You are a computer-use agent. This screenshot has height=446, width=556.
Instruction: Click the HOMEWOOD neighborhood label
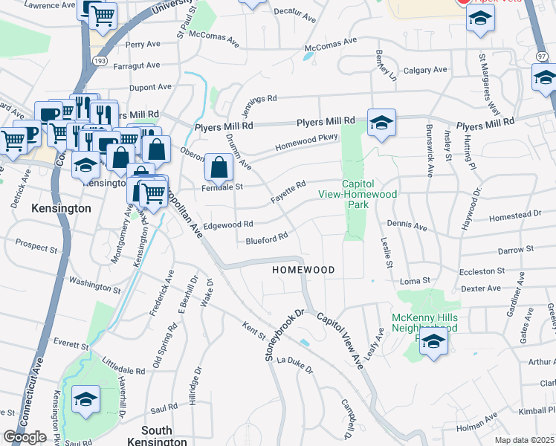point(303,269)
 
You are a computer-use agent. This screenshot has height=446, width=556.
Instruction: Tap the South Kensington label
point(156,436)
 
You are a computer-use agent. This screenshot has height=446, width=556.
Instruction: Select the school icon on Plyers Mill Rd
point(381,123)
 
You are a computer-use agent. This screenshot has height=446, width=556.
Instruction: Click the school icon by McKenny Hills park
point(433,343)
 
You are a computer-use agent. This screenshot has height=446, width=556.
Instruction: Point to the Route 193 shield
point(98,58)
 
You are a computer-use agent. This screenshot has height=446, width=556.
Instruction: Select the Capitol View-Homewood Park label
point(370,194)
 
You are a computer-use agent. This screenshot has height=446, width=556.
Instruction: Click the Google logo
point(25,437)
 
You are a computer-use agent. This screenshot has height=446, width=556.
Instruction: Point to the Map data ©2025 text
point(525,440)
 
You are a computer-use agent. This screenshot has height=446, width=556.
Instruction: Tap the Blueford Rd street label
point(267,239)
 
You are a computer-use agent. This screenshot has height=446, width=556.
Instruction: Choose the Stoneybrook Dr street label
point(285,334)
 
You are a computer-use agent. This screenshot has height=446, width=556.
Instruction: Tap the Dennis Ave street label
point(407,224)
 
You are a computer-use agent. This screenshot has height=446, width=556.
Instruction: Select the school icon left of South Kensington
point(86,398)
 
